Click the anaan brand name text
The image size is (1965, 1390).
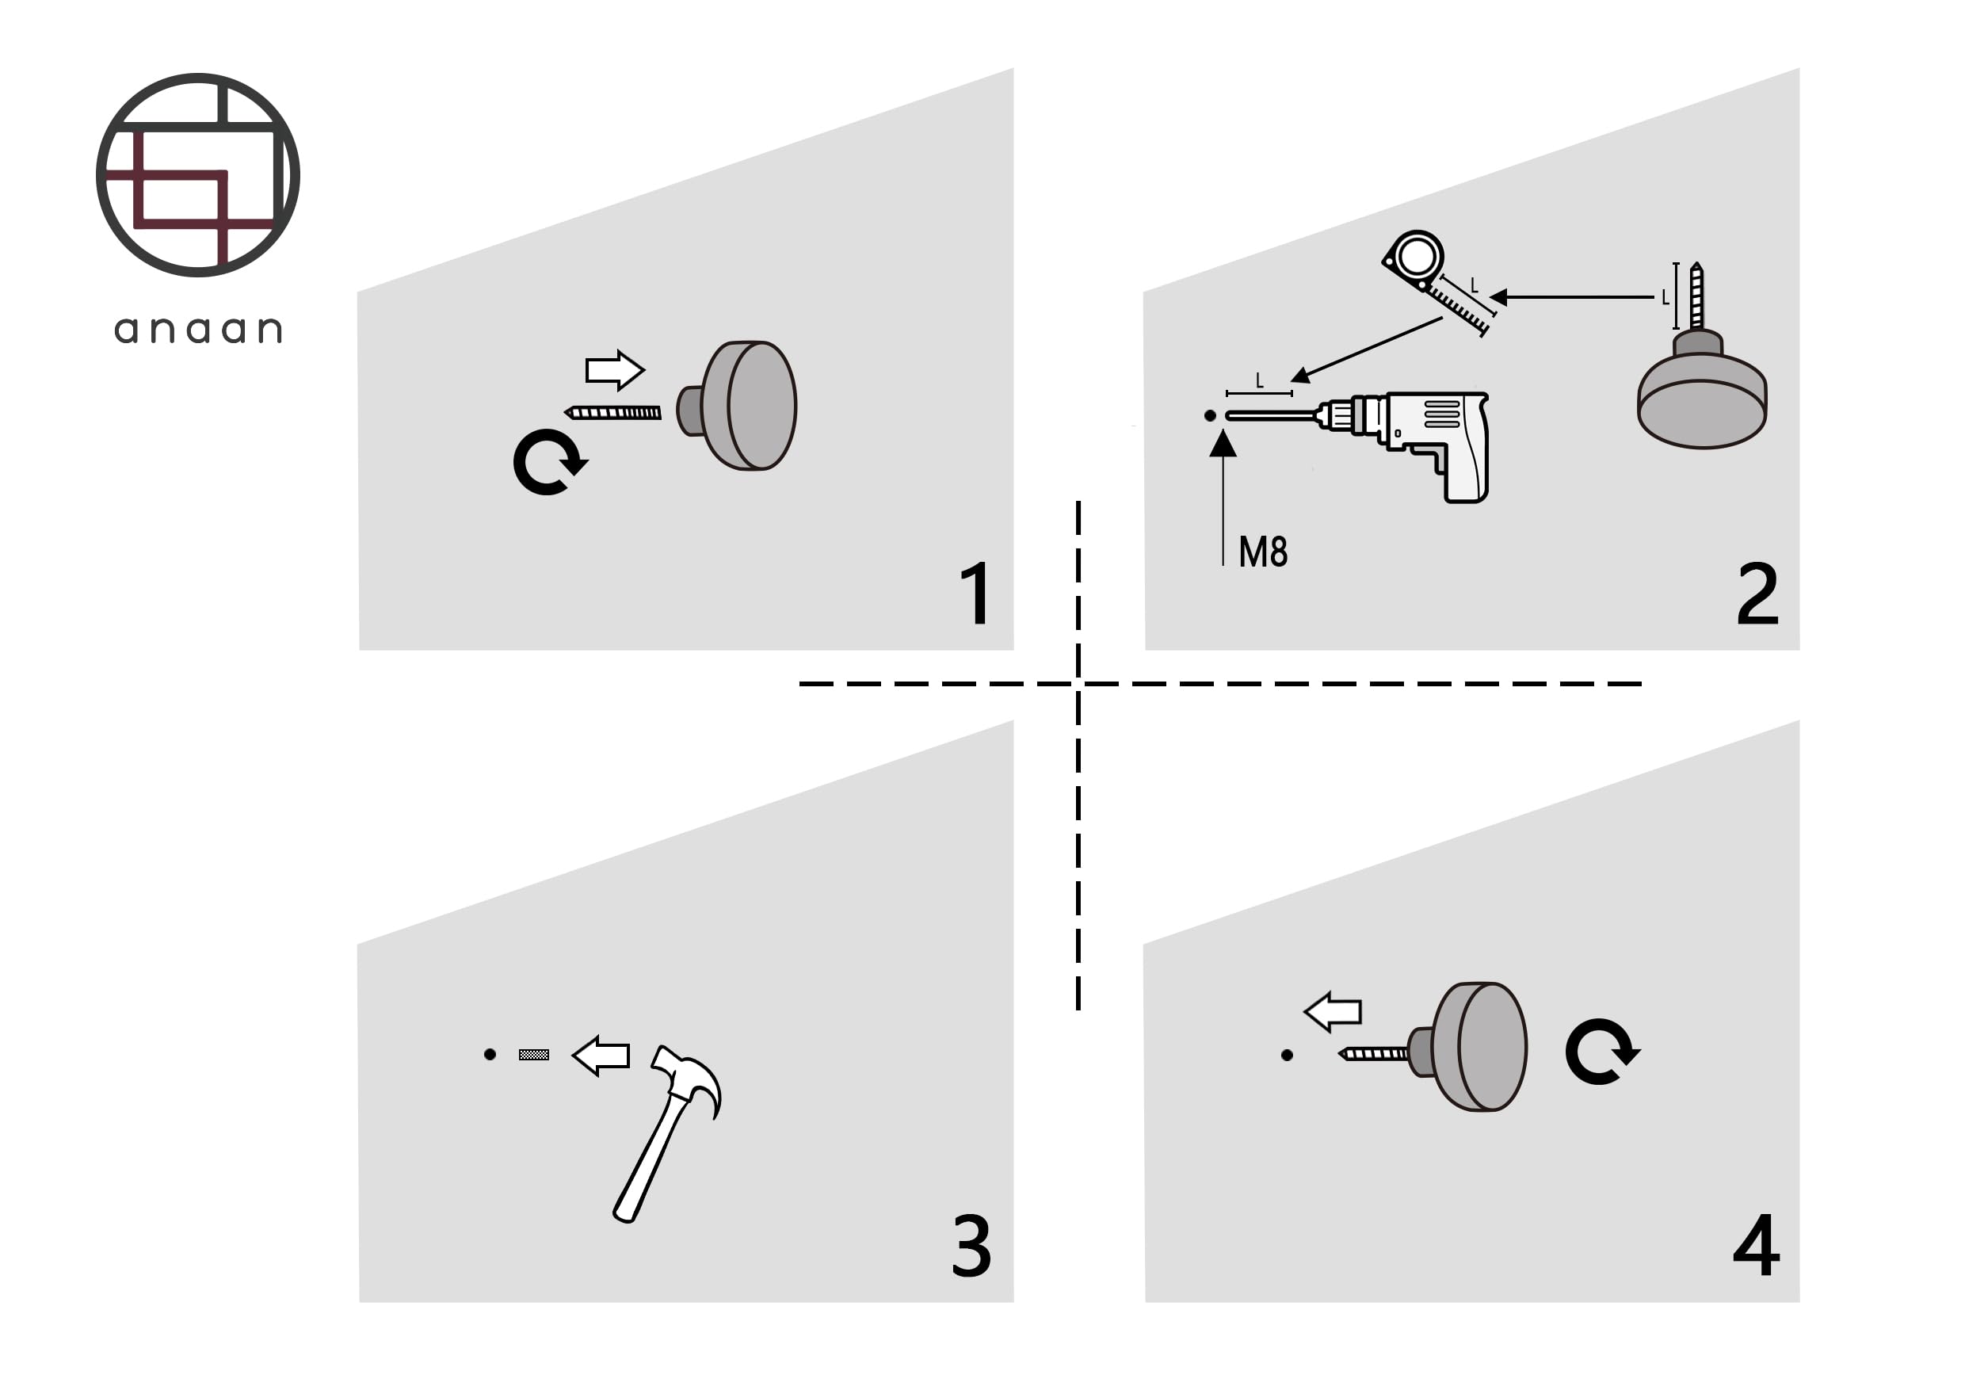pos(198,330)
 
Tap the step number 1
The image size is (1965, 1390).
pos(976,593)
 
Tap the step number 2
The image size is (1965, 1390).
pos(1757,593)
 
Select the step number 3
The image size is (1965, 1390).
pos(971,1245)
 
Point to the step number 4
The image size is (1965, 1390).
pos(1756,1244)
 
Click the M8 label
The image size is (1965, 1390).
pos(1262,552)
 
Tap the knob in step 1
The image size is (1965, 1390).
pos(737,406)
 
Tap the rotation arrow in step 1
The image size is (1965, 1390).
pos(548,462)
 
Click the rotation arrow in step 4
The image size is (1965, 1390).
pos(1601,1052)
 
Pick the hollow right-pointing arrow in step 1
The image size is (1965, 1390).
pos(615,371)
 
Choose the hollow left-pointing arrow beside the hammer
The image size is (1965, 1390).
pos(601,1056)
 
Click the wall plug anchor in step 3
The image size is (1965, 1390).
pos(534,1055)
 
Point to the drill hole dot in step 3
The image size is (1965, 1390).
pos(490,1055)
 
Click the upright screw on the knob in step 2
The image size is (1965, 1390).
pos(1696,296)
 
